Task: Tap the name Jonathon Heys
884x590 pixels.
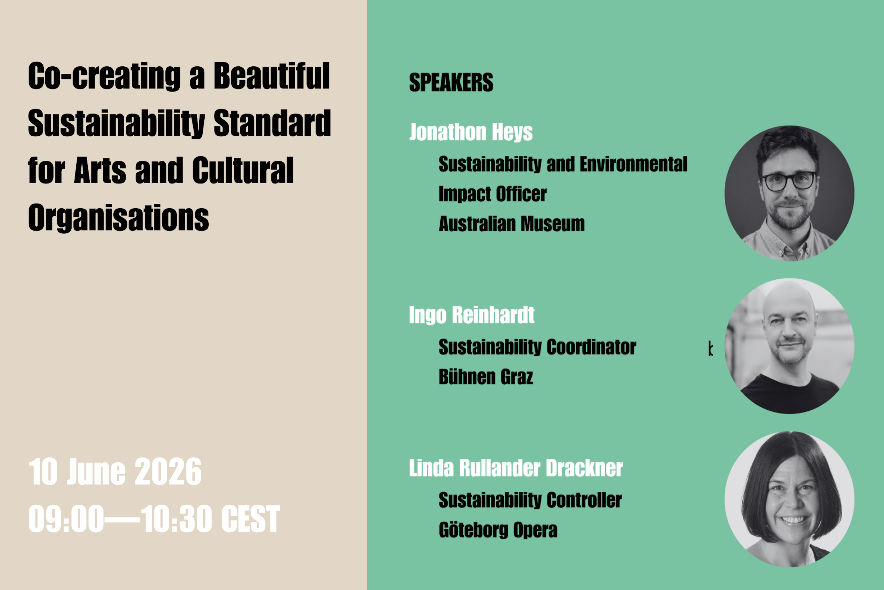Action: coord(471,132)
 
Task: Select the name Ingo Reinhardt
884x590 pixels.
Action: coord(472,315)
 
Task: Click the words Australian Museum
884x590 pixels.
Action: coord(512,224)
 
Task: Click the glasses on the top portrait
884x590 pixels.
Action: coord(789,181)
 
